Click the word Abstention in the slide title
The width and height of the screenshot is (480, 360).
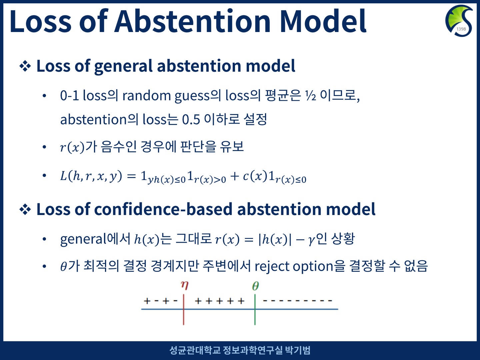click(192, 21)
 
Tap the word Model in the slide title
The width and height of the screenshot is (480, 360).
click(323, 21)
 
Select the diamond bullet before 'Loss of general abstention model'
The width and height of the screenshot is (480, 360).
click(25, 66)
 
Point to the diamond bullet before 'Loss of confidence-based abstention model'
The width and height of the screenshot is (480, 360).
click(25, 210)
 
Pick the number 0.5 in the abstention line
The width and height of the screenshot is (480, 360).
click(191, 120)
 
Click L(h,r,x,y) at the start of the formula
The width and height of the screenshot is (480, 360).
click(91, 176)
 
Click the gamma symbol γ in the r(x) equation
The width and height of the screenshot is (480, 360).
click(311, 240)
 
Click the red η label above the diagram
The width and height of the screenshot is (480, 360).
click(185, 285)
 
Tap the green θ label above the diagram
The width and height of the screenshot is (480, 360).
click(255, 286)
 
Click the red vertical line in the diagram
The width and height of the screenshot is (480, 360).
click(183, 310)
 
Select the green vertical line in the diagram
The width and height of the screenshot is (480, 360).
click(255, 310)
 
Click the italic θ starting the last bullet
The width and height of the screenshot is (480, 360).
click(63, 267)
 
